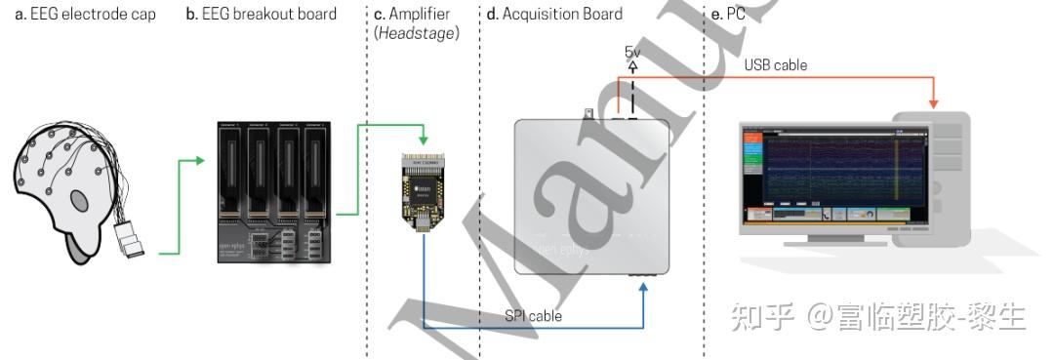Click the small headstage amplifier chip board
pos(424,191)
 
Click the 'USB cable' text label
pos(776,65)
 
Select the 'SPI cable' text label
pos(533,316)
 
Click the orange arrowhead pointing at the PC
pos(934,102)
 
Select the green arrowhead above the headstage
pos(424,142)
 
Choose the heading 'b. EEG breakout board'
pos(261,15)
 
